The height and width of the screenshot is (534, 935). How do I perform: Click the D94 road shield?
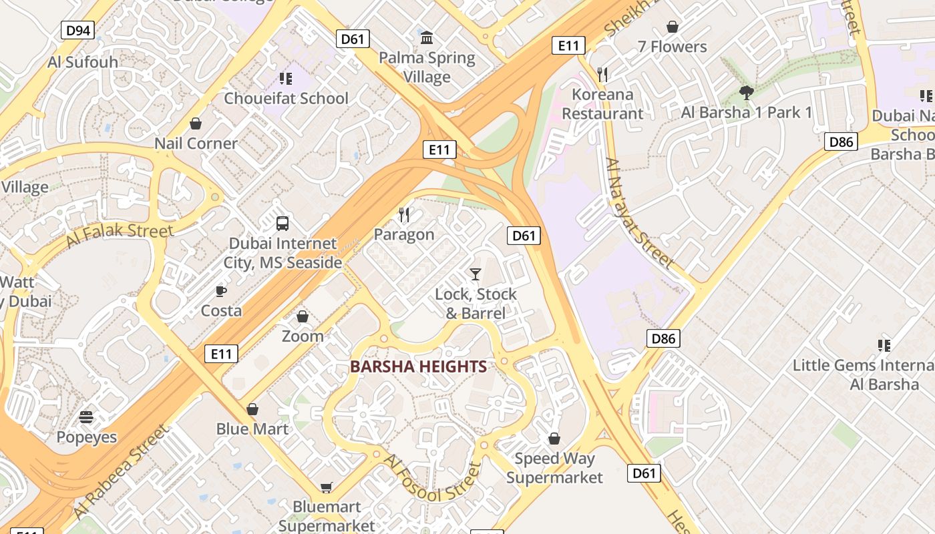78,30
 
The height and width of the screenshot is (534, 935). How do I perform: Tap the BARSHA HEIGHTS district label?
418,366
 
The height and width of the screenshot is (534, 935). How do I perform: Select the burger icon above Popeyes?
86,418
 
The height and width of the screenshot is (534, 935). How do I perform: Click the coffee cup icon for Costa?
221,291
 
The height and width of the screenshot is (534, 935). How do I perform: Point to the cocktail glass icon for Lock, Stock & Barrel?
476,274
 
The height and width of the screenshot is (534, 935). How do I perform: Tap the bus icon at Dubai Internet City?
283,224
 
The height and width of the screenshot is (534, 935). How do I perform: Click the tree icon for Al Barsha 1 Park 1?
746,93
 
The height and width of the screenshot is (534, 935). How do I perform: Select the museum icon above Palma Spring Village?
427,38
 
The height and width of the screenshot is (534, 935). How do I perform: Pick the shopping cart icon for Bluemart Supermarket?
327,487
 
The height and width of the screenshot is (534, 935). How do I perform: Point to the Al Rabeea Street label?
120,472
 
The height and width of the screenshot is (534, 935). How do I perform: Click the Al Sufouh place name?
83,62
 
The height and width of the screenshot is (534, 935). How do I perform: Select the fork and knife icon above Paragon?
404,214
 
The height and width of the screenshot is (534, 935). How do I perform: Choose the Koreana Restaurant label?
602,104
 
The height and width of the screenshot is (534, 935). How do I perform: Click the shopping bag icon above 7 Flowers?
673,27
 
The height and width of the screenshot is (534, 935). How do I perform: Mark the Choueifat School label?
286,98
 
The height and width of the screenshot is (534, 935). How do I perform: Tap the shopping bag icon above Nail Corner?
196,123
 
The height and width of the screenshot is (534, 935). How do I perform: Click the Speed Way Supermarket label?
554,468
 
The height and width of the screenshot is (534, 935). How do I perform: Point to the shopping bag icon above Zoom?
303,316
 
